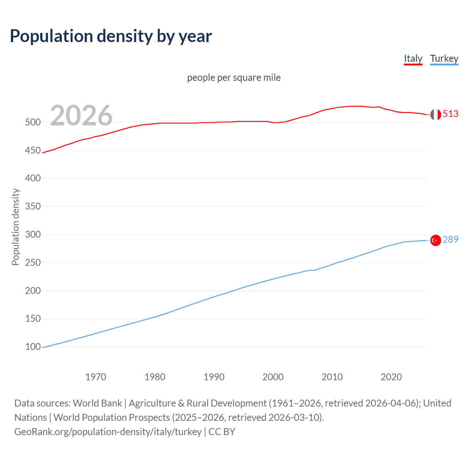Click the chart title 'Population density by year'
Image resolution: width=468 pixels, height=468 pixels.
[x=111, y=36]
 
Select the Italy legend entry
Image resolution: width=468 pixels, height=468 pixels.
[x=413, y=58]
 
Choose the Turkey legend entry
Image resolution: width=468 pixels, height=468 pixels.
[x=444, y=58]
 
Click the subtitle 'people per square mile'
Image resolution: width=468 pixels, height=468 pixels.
[x=234, y=78]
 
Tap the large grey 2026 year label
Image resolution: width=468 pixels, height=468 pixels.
[x=81, y=116]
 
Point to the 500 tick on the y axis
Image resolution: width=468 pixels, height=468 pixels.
[x=33, y=122]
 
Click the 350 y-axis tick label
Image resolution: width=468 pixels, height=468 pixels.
[x=33, y=207]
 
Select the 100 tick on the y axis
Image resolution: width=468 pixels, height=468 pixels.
[x=33, y=347]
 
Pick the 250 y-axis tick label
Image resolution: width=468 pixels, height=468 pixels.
[x=33, y=263]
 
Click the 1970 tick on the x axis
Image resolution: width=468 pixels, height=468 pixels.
[x=96, y=377]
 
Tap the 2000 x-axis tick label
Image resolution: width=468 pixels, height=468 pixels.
[x=273, y=377]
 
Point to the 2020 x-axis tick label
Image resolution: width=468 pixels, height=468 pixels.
[x=391, y=377]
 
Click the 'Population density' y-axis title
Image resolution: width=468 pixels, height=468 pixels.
[x=15, y=227]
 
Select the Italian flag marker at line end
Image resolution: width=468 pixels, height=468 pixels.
[x=435, y=114]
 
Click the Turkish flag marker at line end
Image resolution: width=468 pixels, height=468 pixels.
[x=435, y=240]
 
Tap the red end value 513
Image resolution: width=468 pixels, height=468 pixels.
[x=450, y=114]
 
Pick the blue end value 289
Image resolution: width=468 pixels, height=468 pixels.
[x=450, y=240]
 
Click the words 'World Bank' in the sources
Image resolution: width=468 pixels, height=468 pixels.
[x=97, y=403]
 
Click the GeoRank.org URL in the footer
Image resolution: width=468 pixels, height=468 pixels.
[x=108, y=432]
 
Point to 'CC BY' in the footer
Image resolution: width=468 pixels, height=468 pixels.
[x=222, y=432]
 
